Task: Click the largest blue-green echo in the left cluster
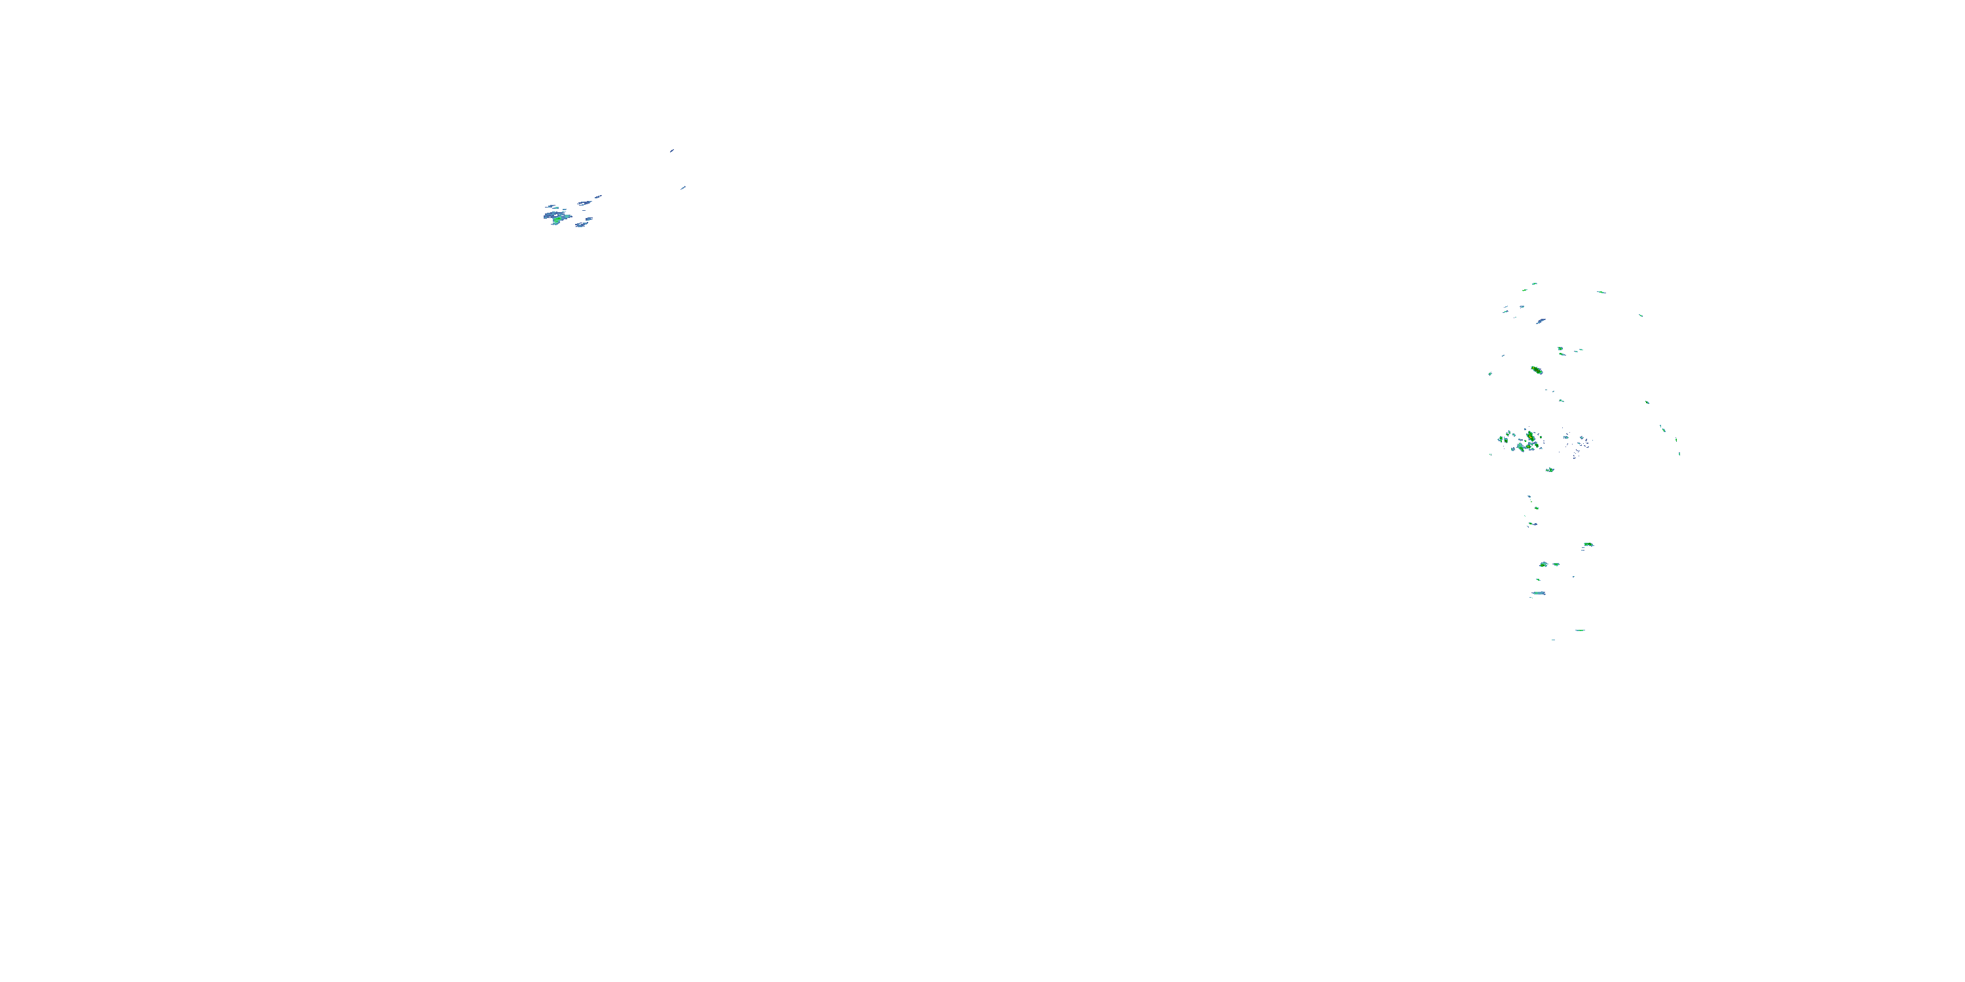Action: pyautogui.click(x=556, y=217)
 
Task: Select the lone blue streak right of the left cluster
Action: pyautogui.click(x=683, y=187)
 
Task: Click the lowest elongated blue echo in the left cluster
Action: pyautogui.click(x=582, y=225)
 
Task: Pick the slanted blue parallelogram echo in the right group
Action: pyautogui.click(x=1540, y=321)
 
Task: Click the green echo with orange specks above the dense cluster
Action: pyautogui.click(x=1536, y=371)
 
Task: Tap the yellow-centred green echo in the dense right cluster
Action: pyautogui.click(x=1530, y=436)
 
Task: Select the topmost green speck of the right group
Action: pyautogui.click(x=1534, y=283)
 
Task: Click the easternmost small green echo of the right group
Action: pyautogui.click(x=1679, y=454)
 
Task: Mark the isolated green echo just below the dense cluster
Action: pyautogui.click(x=1549, y=469)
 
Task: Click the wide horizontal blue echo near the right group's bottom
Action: pyautogui.click(x=1539, y=593)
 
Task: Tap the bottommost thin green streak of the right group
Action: pyautogui.click(x=1579, y=630)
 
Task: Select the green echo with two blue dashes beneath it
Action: pyautogui.click(x=1588, y=545)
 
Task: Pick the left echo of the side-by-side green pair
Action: pyautogui.click(x=1543, y=564)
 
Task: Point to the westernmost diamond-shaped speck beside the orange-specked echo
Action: pyautogui.click(x=1489, y=374)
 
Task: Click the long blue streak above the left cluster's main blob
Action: pyautogui.click(x=586, y=203)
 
